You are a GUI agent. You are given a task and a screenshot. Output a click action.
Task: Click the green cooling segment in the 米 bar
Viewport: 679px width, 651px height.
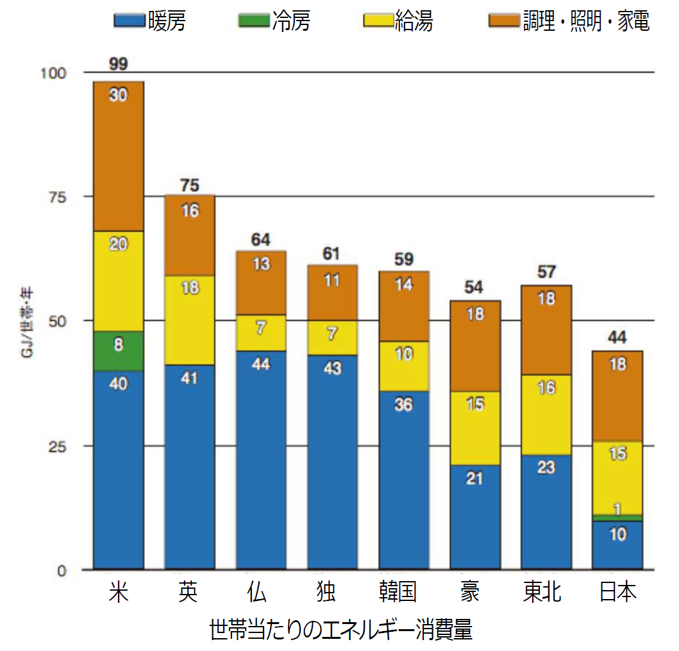(x=119, y=351)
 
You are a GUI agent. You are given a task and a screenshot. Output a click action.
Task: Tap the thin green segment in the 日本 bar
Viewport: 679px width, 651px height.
(x=617, y=518)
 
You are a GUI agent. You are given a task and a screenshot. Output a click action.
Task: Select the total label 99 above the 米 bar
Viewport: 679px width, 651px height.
(x=118, y=64)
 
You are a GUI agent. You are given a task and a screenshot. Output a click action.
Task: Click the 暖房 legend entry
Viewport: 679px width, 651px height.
(x=150, y=21)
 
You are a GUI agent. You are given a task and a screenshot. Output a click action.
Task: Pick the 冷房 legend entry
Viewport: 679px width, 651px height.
(x=274, y=21)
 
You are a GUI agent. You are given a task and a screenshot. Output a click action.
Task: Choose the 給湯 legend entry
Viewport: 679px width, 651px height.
(x=398, y=21)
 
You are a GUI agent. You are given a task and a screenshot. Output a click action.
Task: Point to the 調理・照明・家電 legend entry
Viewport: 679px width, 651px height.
(x=569, y=21)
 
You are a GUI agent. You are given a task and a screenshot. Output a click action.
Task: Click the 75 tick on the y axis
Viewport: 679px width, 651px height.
(x=58, y=198)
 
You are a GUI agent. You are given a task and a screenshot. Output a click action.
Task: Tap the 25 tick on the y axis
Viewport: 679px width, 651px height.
(x=58, y=446)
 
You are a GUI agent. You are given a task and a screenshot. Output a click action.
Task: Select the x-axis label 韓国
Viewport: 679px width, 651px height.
(x=398, y=591)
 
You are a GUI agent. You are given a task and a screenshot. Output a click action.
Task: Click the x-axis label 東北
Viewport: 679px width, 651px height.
(x=542, y=591)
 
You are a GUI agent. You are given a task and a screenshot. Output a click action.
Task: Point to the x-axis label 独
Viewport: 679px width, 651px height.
(x=326, y=591)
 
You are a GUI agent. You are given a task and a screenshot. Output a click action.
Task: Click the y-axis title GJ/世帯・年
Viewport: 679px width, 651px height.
(x=27, y=323)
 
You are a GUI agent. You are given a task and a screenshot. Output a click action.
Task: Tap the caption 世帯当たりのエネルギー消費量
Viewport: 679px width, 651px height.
(x=341, y=629)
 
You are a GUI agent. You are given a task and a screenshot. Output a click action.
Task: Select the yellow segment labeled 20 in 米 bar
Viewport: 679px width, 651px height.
(x=119, y=281)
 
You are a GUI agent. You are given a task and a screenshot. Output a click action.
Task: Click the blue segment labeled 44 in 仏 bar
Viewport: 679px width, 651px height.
(x=261, y=460)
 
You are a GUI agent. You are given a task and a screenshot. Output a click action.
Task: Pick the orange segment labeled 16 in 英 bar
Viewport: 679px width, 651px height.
(x=190, y=235)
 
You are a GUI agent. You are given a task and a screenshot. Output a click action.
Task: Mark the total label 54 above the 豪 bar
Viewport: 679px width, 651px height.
(x=474, y=287)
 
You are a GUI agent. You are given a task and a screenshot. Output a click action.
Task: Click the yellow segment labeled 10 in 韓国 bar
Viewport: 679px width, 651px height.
(x=404, y=366)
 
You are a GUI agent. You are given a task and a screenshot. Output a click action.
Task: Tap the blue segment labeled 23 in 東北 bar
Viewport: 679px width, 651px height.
(x=546, y=512)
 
